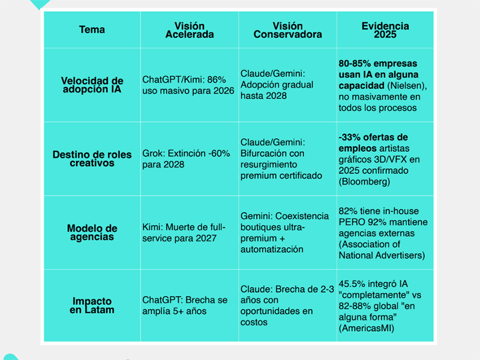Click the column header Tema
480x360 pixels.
coord(92,30)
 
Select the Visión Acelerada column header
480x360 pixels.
coord(189,30)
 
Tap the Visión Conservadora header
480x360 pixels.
coord(287,30)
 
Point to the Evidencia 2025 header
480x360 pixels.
coord(385,30)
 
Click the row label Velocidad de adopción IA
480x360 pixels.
coord(92,85)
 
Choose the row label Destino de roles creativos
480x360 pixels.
coord(92,158)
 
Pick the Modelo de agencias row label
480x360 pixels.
coord(92,232)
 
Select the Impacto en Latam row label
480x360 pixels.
coord(92,305)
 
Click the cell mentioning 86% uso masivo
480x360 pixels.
coord(188,85)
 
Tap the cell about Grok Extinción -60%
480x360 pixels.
coord(186,158)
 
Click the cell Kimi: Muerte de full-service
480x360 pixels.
coord(184,232)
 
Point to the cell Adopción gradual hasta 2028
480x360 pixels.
coord(277,85)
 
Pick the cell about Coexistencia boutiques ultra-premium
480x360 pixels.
coord(284,232)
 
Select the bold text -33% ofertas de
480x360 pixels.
coord(373,137)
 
